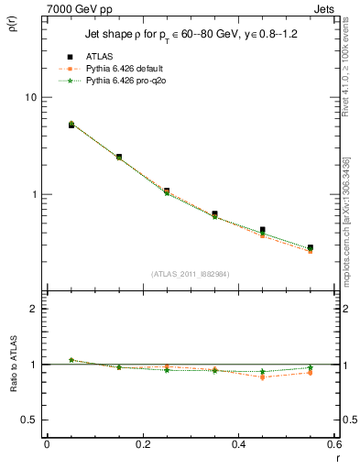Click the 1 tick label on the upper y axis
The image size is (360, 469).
33,195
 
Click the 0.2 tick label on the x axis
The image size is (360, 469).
142,444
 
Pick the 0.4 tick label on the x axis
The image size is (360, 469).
238,444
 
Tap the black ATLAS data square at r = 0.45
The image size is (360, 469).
263,230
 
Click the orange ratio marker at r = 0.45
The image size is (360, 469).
263,377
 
